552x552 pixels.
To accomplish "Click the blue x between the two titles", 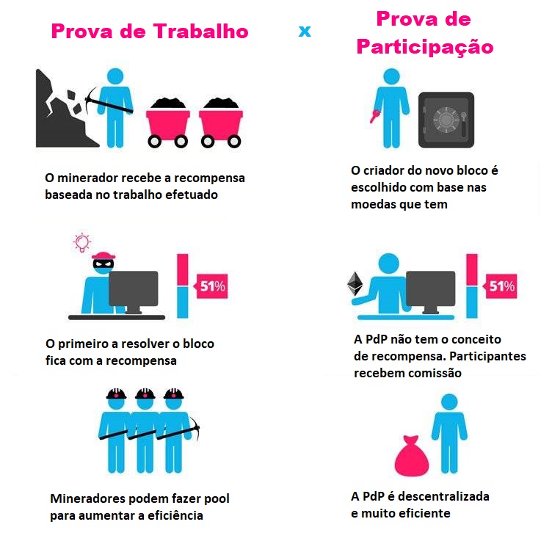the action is coord(305,32).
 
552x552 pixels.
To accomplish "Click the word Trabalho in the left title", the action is coord(200,32).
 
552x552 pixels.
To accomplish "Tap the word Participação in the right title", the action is coord(425,48).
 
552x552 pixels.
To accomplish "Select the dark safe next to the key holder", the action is coord(446,120).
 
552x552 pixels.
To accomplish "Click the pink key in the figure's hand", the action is coord(374,116).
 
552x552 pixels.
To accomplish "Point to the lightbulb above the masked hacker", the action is coord(82,242).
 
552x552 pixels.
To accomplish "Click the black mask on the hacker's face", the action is coord(103,264).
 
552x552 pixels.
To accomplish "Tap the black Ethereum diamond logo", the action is coord(355,284).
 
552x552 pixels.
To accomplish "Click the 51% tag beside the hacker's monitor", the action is coord(211,286).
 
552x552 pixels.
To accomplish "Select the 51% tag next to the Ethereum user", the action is coord(501,286).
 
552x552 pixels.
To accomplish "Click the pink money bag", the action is coord(412,456).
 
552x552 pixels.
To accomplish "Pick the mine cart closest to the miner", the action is coord(168,122).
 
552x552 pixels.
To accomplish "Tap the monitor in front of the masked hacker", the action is coord(134,291).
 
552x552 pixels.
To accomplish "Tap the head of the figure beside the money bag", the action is coord(449,402).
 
